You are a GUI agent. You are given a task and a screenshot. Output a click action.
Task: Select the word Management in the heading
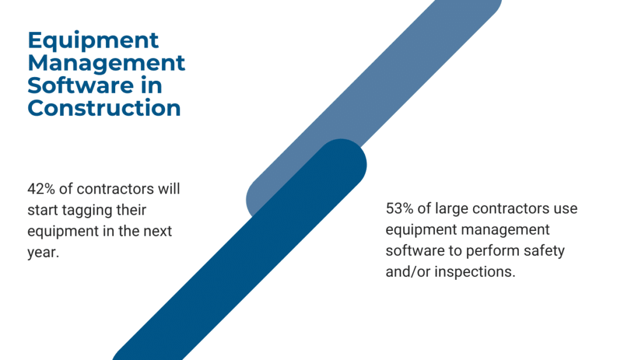[106, 63]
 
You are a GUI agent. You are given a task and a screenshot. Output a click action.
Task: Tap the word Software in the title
[81, 86]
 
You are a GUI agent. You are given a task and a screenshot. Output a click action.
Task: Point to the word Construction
[104, 108]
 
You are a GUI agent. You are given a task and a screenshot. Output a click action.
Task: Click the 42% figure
[42, 189]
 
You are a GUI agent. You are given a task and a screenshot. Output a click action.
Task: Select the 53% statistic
[399, 209]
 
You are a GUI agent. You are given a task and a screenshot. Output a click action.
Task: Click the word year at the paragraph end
[43, 253]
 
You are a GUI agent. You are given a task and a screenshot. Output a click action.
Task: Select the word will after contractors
[169, 189]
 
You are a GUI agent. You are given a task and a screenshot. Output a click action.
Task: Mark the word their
[131, 210]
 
